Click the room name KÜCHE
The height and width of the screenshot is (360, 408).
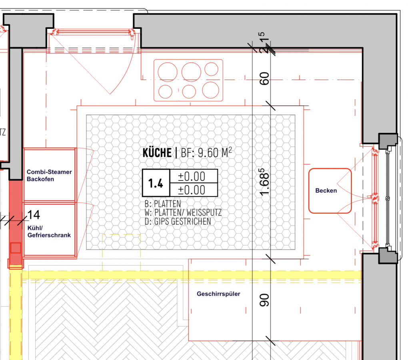pyautogui.click(x=157, y=153)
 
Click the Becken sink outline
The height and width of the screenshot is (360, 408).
pyautogui.click(x=309, y=191)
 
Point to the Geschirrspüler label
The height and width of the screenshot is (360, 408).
pyautogui.click(x=218, y=294)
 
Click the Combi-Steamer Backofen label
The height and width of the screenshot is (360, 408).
pyautogui.click(x=49, y=175)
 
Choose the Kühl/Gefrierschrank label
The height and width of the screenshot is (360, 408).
pyautogui.click(x=49, y=232)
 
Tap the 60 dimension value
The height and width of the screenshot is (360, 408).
pyautogui.click(x=264, y=78)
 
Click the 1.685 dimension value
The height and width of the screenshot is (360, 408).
pyautogui.click(x=264, y=182)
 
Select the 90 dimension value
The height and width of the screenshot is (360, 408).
pyautogui.click(x=264, y=300)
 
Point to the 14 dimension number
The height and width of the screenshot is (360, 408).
pyautogui.click(x=34, y=215)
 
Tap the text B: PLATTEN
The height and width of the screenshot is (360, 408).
pyautogui.click(x=163, y=204)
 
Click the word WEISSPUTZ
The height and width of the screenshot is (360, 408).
pyautogui.click(x=204, y=212)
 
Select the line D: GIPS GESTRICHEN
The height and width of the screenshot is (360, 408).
pyautogui.click(x=178, y=221)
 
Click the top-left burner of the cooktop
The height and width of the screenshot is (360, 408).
pyautogui.click(x=168, y=72)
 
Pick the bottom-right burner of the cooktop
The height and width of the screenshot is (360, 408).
pyautogui.click(x=210, y=90)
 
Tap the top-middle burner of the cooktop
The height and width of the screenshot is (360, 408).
pyautogui.click(x=191, y=72)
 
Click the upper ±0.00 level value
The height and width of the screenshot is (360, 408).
pyautogui.click(x=192, y=176)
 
